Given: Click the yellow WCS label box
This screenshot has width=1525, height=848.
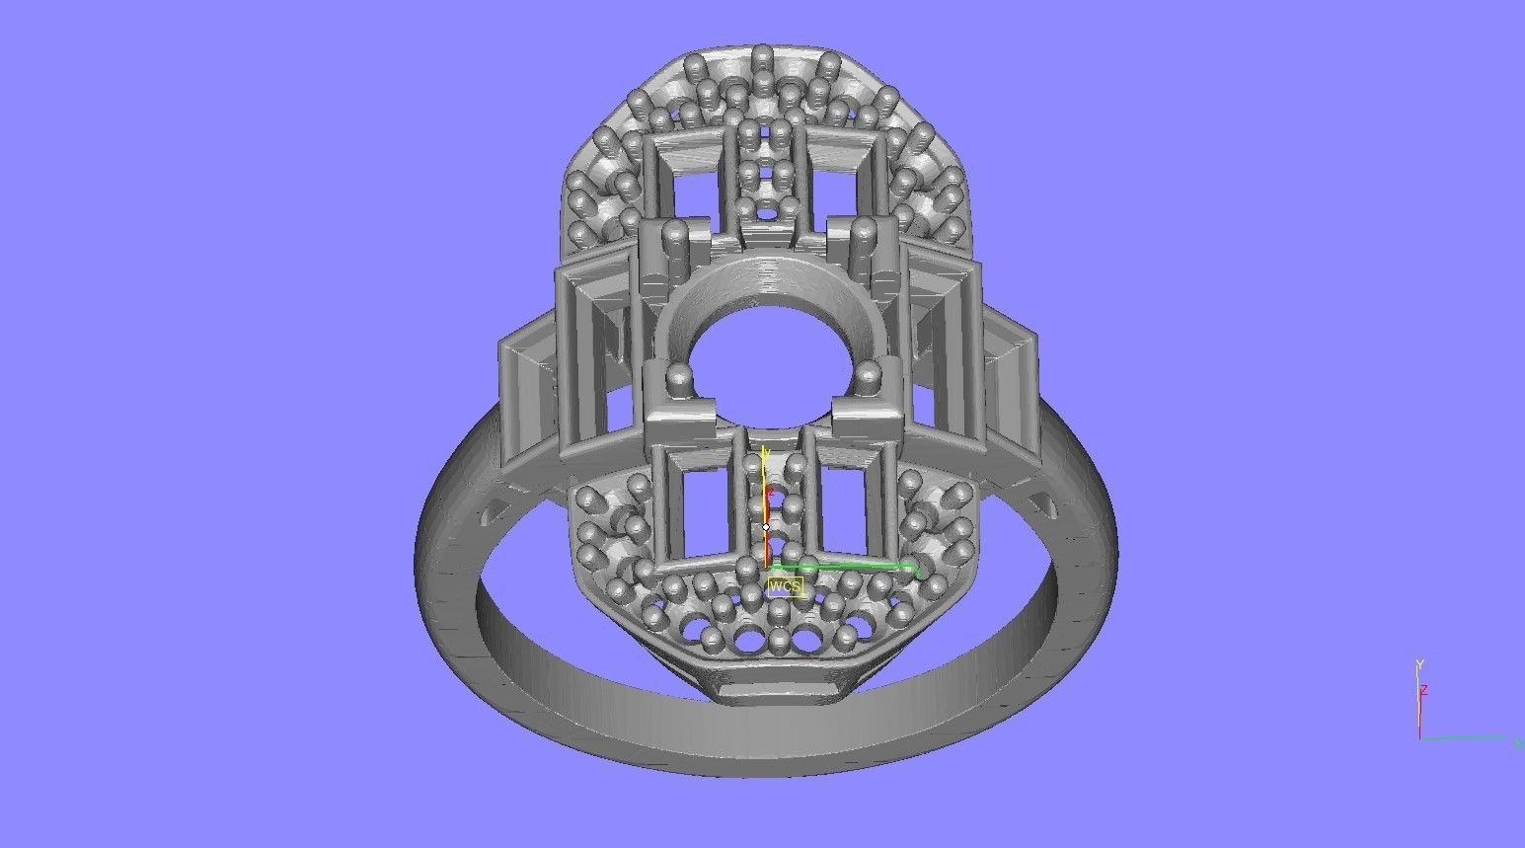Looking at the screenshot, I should point(785,586).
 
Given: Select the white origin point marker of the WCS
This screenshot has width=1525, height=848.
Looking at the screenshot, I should point(766,527).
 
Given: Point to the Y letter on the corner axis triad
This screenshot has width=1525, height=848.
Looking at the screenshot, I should point(1418,664).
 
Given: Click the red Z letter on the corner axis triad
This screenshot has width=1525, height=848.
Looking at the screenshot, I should point(1424,690).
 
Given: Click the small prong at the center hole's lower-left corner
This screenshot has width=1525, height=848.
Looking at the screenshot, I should point(679,377).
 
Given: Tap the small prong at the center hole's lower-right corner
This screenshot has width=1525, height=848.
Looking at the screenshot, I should point(869,375).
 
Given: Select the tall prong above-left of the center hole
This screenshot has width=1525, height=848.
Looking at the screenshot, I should point(676,237).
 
